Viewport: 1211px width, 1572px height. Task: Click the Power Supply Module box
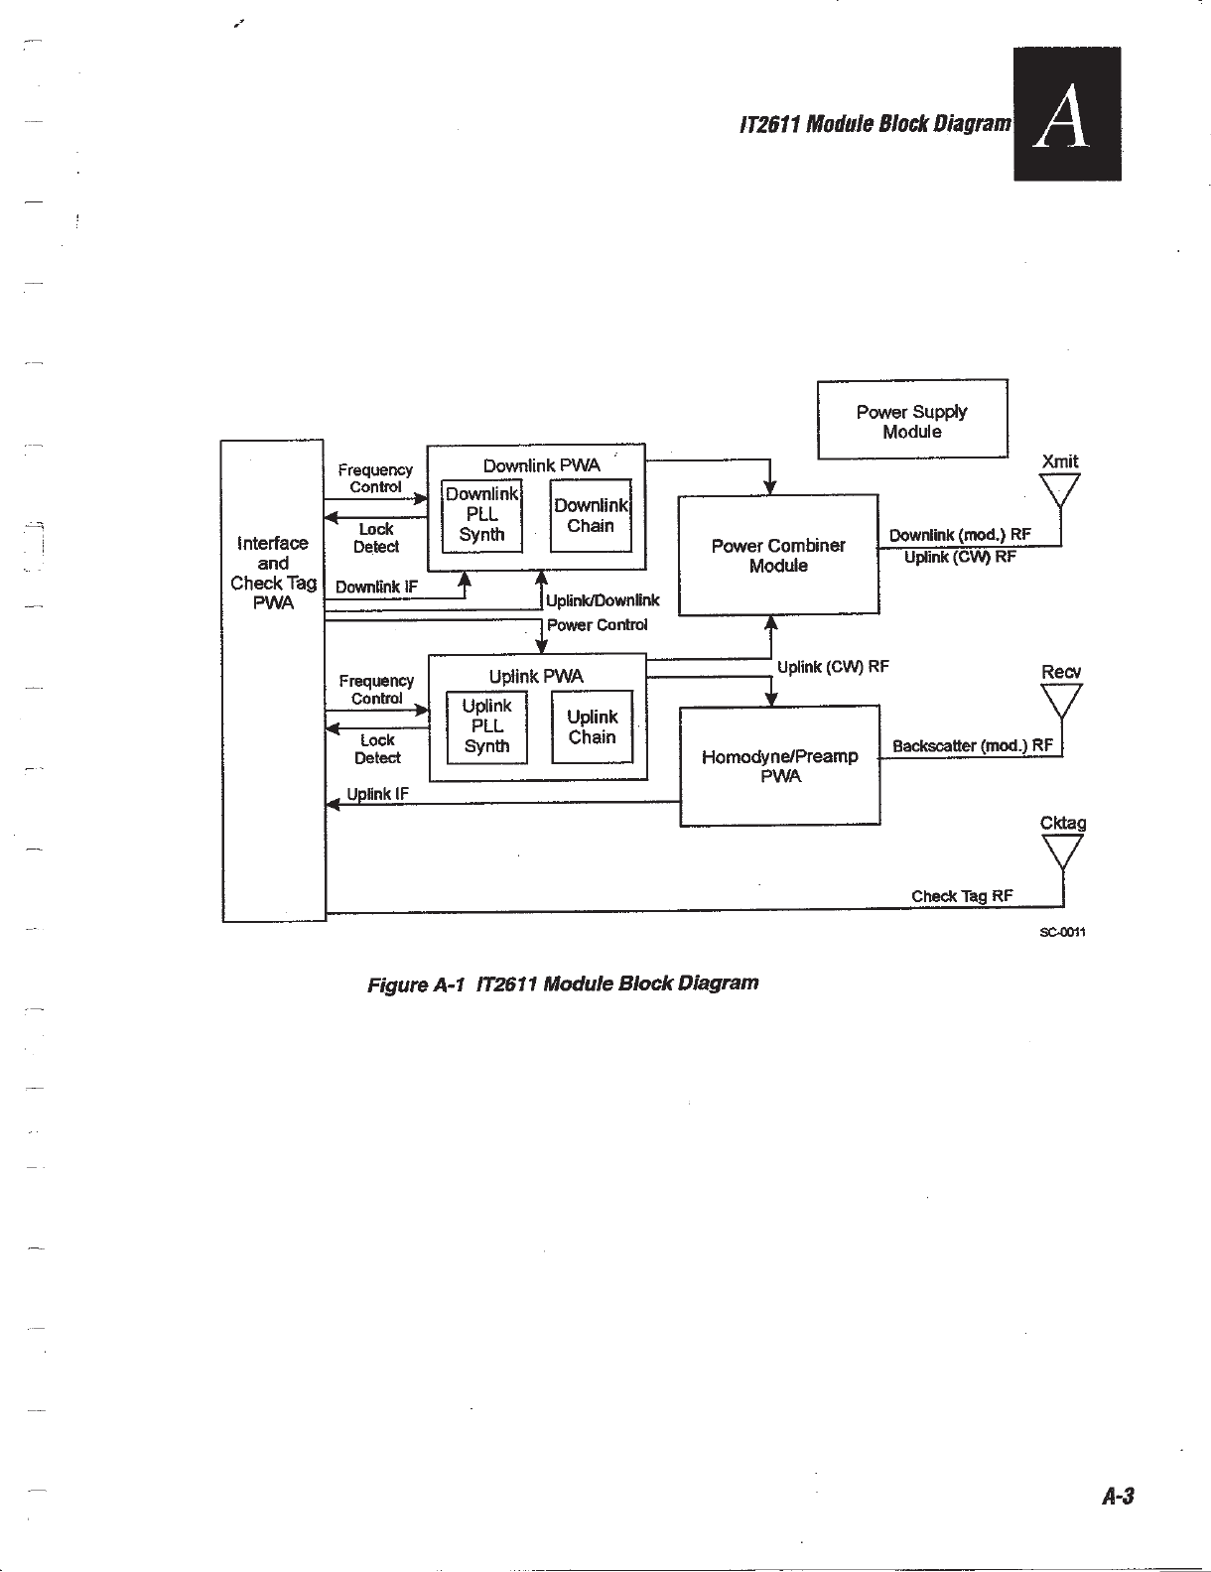tap(912, 420)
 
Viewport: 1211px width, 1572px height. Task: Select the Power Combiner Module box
tap(778, 555)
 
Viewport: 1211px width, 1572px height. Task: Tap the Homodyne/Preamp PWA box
tap(780, 765)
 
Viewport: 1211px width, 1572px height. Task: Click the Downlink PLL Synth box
tap(481, 515)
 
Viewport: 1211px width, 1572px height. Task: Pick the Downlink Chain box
tap(591, 515)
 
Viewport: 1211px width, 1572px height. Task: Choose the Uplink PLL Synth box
tap(486, 726)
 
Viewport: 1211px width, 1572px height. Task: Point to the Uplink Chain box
tap(592, 726)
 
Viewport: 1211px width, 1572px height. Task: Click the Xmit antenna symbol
tap(1059, 490)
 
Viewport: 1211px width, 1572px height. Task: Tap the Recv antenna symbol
tap(1061, 701)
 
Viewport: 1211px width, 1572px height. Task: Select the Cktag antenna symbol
tap(1062, 851)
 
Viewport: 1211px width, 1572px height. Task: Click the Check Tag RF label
tap(962, 896)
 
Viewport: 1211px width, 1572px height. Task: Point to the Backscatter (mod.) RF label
tap(972, 745)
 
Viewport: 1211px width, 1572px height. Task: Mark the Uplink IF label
tap(378, 794)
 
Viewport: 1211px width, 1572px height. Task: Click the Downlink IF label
tap(376, 587)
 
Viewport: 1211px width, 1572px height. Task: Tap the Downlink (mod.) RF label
tap(960, 535)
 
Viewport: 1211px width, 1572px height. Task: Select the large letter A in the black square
tap(1065, 117)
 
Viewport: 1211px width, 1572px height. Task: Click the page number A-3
tap(1117, 1497)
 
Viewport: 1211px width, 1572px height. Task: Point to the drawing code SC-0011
tap(1063, 932)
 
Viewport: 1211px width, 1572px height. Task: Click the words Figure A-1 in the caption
tap(416, 984)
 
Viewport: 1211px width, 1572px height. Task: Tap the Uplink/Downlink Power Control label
tap(601, 612)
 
